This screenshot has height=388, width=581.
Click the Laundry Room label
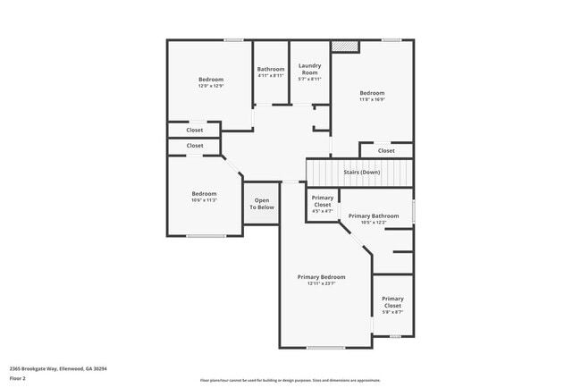[309, 68]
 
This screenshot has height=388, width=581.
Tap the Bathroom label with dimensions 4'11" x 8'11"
[271, 69]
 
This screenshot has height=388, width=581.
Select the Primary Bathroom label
[373, 216]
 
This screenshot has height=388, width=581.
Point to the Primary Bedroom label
[321, 277]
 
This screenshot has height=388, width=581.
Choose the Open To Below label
[262, 204]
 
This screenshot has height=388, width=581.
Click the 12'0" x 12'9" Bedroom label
[210, 80]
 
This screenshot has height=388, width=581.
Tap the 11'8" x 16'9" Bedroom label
[372, 93]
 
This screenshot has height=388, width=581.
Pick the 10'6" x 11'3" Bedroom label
[204, 194]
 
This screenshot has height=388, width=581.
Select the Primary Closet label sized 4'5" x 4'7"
[323, 201]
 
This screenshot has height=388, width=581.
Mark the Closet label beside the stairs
[386, 150]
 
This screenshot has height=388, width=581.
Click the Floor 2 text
[18, 378]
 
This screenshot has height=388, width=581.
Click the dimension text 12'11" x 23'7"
[321, 283]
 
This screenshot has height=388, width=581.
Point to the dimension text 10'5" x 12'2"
[373, 223]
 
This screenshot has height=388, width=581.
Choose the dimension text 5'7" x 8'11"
[309, 79]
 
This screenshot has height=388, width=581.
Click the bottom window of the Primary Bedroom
[325, 347]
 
